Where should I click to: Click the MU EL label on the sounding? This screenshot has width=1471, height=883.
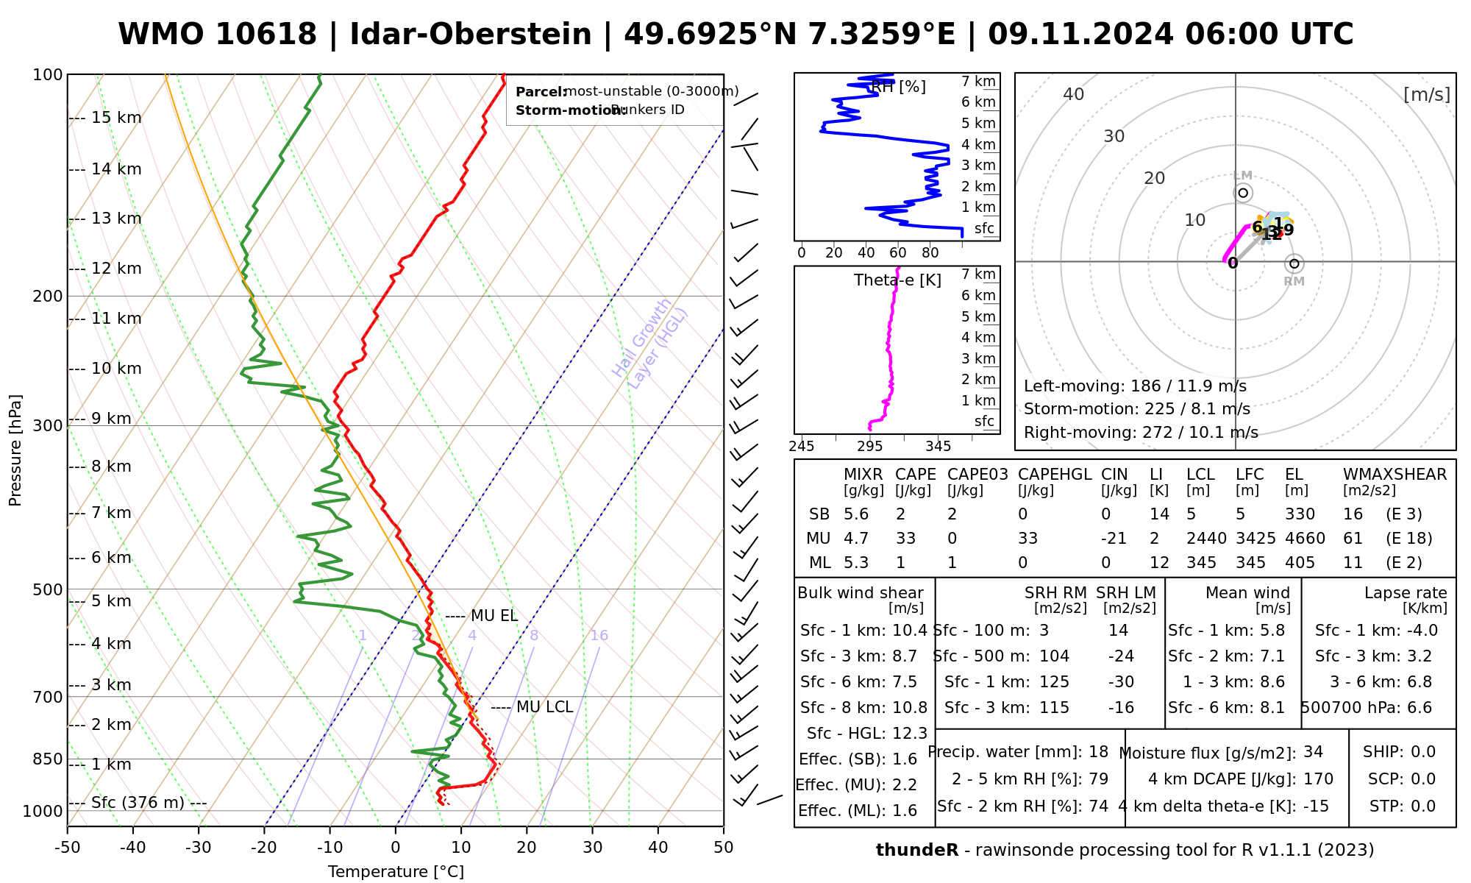pyautogui.click(x=494, y=616)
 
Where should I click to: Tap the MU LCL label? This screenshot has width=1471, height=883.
pyautogui.click(x=544, y=707)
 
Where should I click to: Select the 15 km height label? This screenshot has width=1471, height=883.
pyautogui.click(x=116, y=118)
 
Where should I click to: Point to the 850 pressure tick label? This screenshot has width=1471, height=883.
pyautogui.click(x=48, y=759)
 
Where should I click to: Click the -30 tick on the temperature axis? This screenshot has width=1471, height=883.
pyautogui.click(x=199, y=848)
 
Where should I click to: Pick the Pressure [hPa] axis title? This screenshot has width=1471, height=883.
pyautogui.click(x=15, y=450)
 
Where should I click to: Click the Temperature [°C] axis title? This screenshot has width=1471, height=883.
pyautogui.click(x=396, y=872)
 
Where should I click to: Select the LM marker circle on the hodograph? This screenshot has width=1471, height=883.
pyautogui.click(x=1243, y=193)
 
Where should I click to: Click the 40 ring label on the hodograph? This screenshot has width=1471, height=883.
pyautogui.click(x=1074, y=94)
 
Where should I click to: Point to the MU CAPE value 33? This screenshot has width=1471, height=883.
pyautogui.click(x=905, y=539)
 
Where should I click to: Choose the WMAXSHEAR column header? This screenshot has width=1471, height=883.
pyautogui.click(x=1395, y=475)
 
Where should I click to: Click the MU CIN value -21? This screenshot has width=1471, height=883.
pyautogui.click(x=1114, y=539)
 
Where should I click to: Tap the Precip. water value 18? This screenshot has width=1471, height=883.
pyautogui.click(x=1098, y=752)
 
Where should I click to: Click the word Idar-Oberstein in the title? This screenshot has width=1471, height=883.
pyautogui.click(x=470, y=35)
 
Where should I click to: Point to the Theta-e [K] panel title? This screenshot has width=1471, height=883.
pyautogui.click(x=897, y=280)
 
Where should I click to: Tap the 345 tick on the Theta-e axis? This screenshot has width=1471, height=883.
pyautogui.click(x=938, y=447)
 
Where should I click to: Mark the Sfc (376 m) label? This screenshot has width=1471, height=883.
pyautogui.click(x=138, y=802)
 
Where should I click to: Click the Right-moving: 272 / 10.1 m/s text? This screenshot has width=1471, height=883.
pyautogui.click(x=1141, y=433)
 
